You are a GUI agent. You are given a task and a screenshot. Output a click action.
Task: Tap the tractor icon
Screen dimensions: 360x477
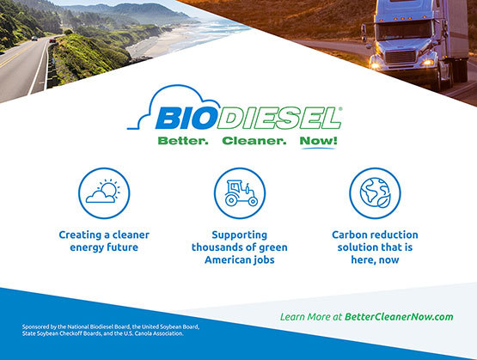240,193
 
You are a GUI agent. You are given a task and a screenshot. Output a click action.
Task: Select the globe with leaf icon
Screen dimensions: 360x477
375,193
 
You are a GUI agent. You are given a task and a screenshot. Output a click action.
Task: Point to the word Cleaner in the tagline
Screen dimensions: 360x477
251,141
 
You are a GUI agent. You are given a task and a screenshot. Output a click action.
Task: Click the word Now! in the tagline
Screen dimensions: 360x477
319,141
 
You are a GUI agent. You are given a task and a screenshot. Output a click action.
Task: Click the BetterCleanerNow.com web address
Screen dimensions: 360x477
399,317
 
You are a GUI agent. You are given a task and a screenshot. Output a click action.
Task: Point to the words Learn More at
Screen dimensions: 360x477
311,317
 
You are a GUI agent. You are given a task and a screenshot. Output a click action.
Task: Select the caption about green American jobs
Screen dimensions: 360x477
240,247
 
